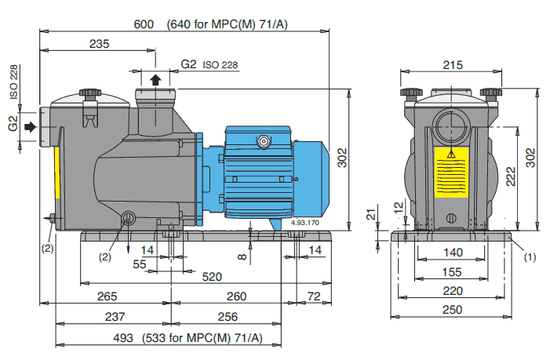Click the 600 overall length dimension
(143, 24)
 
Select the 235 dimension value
(99, 45)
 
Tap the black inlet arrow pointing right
(31, 125)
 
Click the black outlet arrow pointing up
(156, 79)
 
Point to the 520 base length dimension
(211, 277)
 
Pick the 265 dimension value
(107, 296)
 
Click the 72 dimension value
(315, 296)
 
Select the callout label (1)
(529, 256)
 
